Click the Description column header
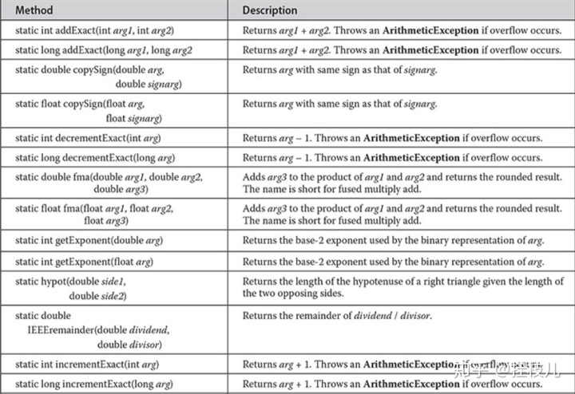(x=270, y=10)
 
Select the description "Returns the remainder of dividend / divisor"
(x=336, y=315)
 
